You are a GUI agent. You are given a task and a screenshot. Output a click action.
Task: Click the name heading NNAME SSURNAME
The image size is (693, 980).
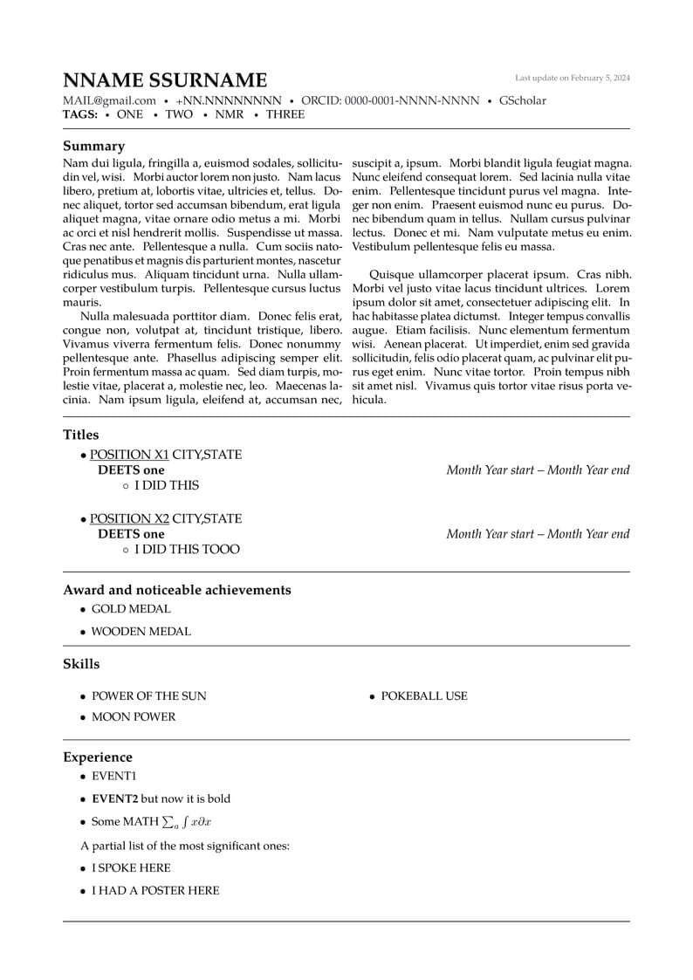pos(165,80)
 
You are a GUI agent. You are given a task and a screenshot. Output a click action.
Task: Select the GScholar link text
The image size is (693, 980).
pos(522,100)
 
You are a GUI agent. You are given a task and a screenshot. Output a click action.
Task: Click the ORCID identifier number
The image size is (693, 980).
pos(411,100)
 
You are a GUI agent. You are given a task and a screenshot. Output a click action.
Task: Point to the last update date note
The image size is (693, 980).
pos(572,78)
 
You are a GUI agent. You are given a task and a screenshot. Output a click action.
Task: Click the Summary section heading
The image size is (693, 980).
pos(93,146)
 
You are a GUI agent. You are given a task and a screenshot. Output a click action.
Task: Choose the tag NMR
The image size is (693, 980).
pos(229,114)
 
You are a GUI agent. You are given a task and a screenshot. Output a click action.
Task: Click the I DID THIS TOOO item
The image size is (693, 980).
pos(187,550)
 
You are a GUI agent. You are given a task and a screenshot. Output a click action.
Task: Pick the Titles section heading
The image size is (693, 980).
pos(81,435)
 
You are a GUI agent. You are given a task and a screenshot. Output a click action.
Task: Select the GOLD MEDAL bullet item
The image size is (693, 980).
pos(131,609)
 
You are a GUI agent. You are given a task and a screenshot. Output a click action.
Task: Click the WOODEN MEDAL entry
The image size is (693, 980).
pos(141,631)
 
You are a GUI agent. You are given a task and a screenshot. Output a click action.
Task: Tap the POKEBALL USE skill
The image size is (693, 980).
pos(424,696)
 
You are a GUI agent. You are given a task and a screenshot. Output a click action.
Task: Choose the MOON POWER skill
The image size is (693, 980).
pos(134,716)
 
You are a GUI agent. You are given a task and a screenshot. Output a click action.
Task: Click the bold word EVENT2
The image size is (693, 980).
pos(115,798)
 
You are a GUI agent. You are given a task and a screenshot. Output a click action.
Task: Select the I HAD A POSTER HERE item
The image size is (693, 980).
pos(155,890)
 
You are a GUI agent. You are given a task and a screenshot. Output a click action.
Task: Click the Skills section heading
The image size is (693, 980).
pos(81,664)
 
